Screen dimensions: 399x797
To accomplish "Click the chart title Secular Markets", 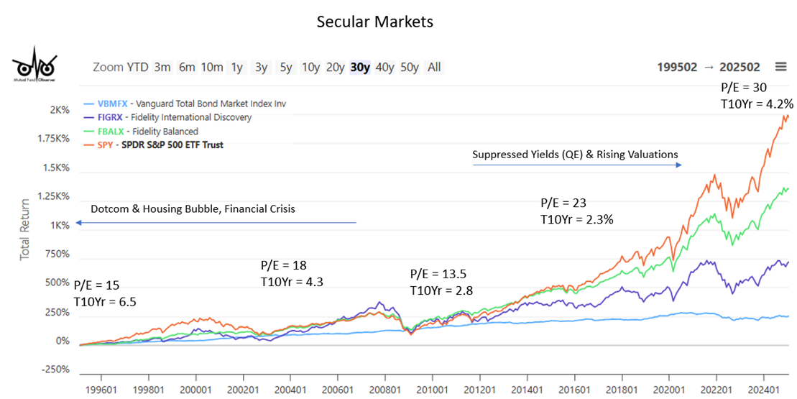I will point(374,22).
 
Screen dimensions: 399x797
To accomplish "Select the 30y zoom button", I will point(360,67).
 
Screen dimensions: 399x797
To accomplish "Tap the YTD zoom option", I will point(137,67).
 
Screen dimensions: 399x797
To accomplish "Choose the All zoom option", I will point(434,67).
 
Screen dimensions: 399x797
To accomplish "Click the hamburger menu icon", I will point(780,67).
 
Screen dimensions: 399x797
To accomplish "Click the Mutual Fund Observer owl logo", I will point(34,66).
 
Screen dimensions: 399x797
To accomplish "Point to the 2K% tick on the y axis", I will point(60,111).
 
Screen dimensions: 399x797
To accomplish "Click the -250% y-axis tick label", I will point(55,370).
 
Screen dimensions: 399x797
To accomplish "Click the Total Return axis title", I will point(25,229).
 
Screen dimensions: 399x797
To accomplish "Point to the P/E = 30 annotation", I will point(744,87).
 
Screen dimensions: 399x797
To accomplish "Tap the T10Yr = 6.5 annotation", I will point(105,301).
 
